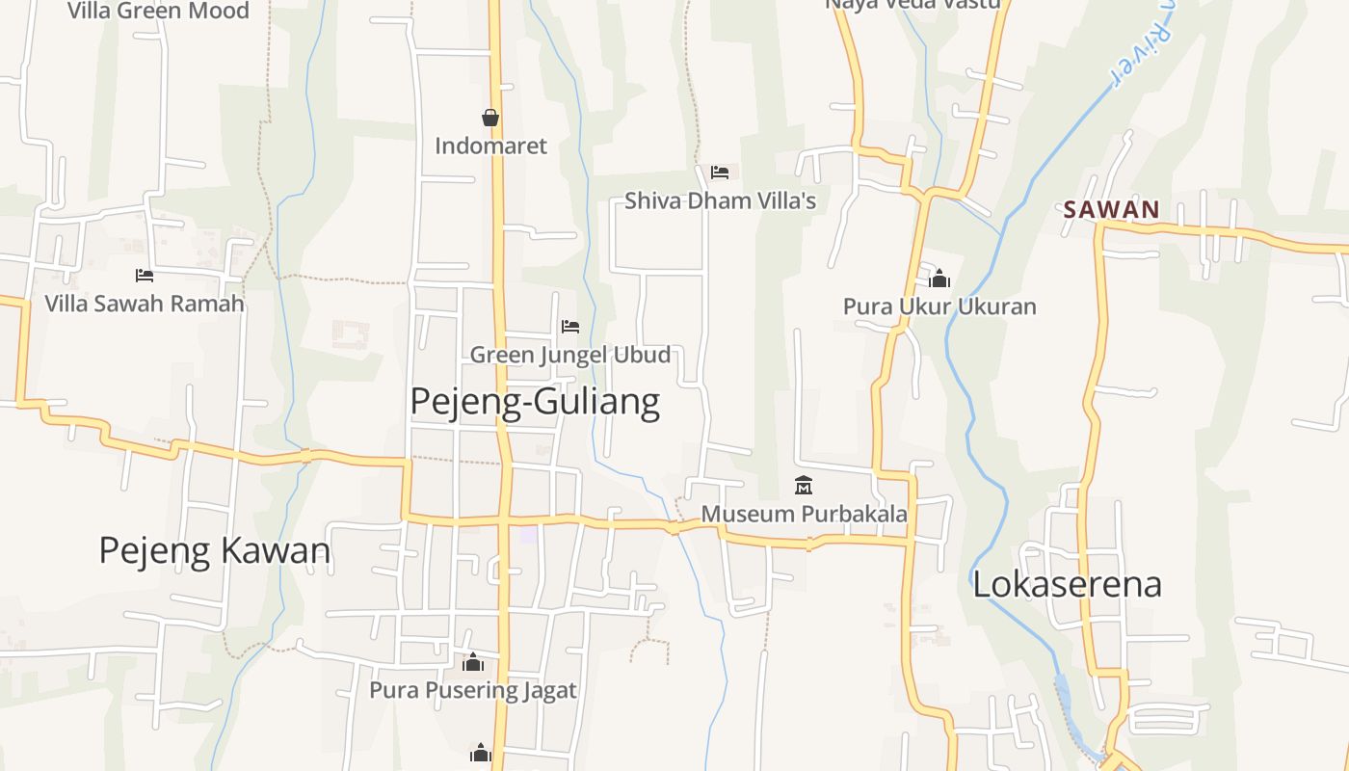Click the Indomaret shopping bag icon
[x=490, y=118]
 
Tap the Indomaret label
[x=490, y=146]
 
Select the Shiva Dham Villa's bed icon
[x=719, y=173]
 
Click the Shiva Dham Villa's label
[x=720, y=200]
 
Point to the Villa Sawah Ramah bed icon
[x=145, y=276]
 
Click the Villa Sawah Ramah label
[x=145, y=304]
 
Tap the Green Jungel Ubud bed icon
[x=570, y=327]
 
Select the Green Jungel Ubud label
[x=570, y=355]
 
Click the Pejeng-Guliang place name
[x=535, y=401]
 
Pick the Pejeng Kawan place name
[x=215, y=550]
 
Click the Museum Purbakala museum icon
[x=804, y=485]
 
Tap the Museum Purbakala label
[x=804, y=514]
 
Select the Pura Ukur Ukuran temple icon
[x=939, y=279]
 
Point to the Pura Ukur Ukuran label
[x=939, y=306]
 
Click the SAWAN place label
[x=1111, y=209]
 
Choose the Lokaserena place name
[x=1067, y=584]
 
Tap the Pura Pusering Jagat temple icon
[x=472, y=662]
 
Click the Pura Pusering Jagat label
[x=473, y=690]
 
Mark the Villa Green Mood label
[x=158, y=11]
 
